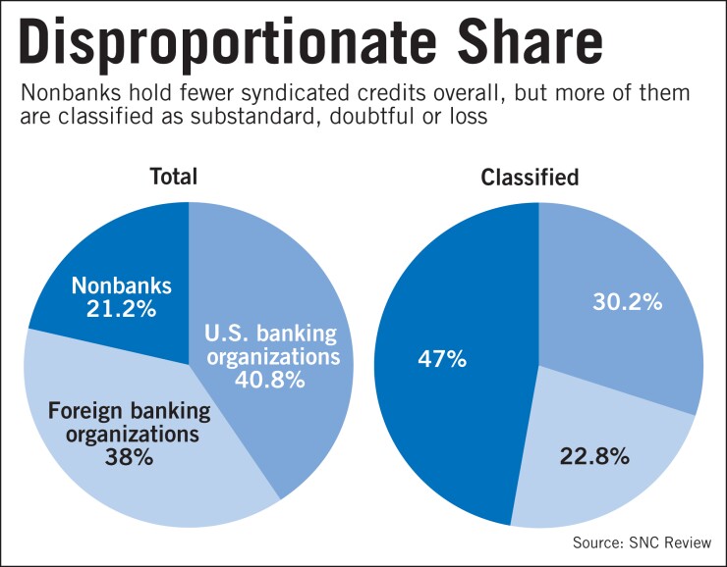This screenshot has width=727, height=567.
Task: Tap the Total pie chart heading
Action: pyautogui.click(x=174, y=177)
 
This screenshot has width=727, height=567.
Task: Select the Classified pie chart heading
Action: pyautogui.click(x=530, y=178)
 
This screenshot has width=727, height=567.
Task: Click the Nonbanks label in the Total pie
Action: pyautogui.click(x=122, y=285)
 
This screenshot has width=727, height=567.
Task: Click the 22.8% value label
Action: pyautogui.click(x=596, y=456)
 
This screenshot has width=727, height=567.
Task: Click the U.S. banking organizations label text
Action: pyautogui.click(x=271, y=343)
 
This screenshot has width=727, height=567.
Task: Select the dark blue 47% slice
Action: pyautogui.click(x=452, y=412)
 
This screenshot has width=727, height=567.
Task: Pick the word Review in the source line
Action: pyautogui.click(x=685, y=542)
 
